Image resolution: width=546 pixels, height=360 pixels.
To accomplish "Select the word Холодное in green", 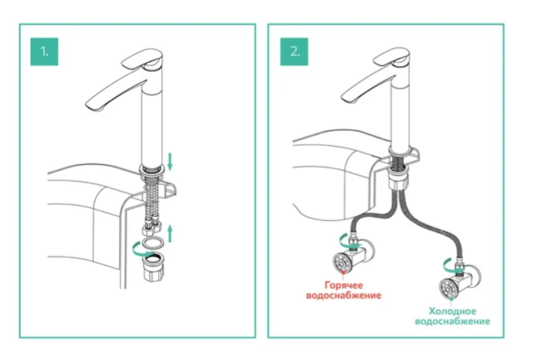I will (x=452, y=311).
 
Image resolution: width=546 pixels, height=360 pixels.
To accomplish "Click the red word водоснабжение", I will (x=344, y=295).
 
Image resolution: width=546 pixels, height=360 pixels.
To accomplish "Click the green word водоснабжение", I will (x=452, y=322).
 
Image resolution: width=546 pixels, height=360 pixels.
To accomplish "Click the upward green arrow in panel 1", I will (x=169, y=235).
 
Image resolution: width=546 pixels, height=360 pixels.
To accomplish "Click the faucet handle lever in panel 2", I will (x=394, y=60).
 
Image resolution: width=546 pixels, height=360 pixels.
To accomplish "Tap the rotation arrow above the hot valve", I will (x=343, y=239).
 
